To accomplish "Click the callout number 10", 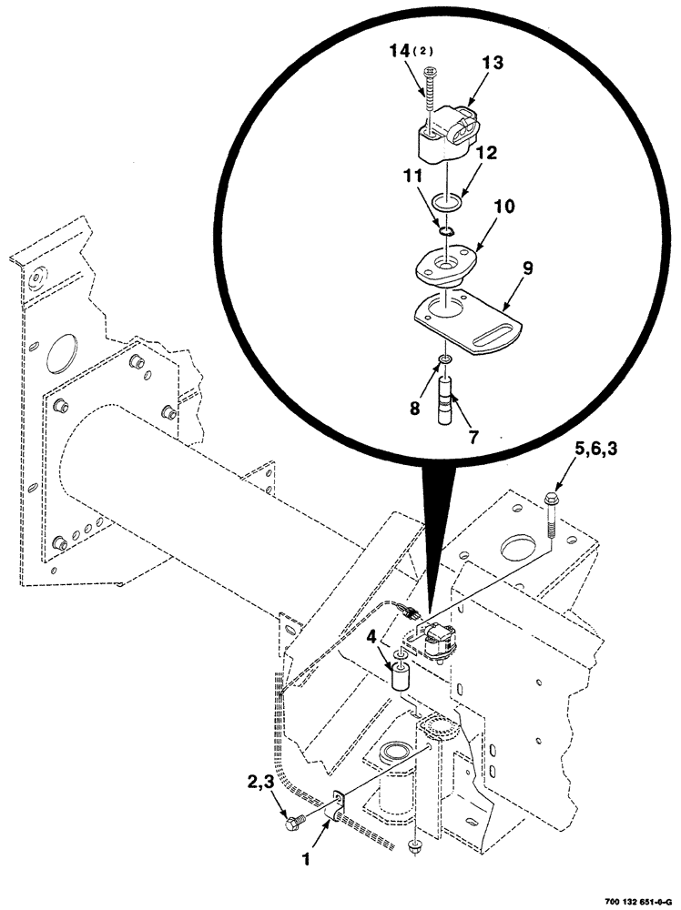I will click(503, 207).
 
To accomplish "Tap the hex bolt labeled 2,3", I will click(294, 823).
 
